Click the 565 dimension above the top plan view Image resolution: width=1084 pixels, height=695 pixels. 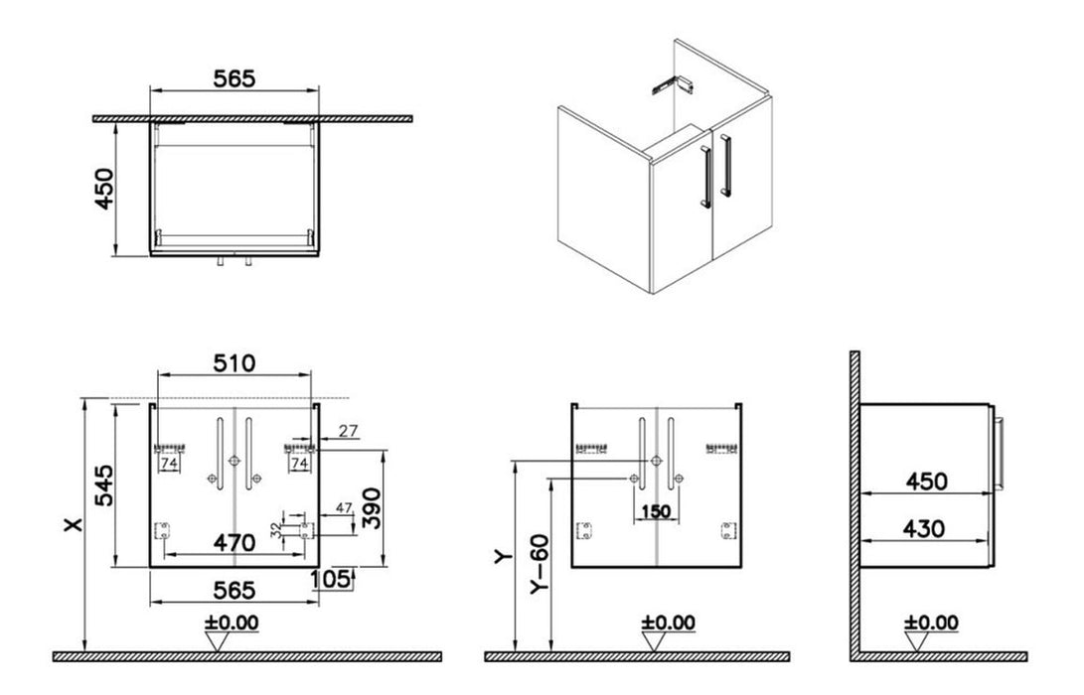pos(235,77)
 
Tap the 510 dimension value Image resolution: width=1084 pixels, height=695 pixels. pos(235,363)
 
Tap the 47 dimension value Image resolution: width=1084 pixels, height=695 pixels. pos(344,508)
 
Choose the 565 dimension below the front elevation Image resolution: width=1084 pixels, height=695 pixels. pos(235,591)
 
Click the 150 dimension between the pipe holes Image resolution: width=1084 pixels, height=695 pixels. pos(657,511)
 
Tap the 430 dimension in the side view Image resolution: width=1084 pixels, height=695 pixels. pos(925,528)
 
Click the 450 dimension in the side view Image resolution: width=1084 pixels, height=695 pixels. pos(925,482)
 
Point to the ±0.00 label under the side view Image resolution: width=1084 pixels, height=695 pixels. pos(931,623)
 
